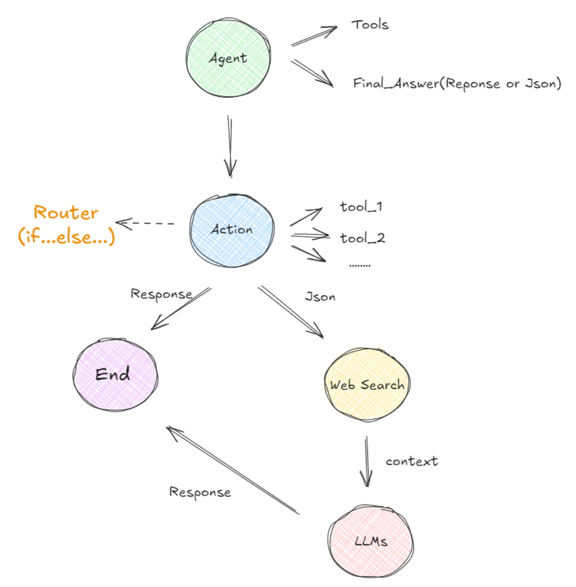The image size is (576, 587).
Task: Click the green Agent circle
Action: [228, 58]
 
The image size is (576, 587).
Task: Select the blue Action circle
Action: [232, 230]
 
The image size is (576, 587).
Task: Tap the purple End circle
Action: [115, 374]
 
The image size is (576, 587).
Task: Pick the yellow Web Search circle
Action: [367, 385]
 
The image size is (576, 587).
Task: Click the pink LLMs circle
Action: [371, 541]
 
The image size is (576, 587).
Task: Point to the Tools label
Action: [370, 24]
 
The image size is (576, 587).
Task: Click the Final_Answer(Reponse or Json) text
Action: [457, 84]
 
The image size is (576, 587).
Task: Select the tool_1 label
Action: [361, 207]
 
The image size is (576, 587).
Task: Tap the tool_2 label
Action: [363, 238]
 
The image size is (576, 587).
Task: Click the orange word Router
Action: [66, 213]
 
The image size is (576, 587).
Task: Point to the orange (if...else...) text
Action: [66, 237]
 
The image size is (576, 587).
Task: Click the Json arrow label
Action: [320, 297]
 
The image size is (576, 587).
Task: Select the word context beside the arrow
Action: [412, 461]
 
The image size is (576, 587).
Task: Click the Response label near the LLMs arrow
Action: [200, 492]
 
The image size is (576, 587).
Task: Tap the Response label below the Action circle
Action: [161, 294]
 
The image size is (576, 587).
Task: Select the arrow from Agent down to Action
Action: [230, 146]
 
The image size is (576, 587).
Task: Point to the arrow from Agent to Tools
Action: [314, 36]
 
